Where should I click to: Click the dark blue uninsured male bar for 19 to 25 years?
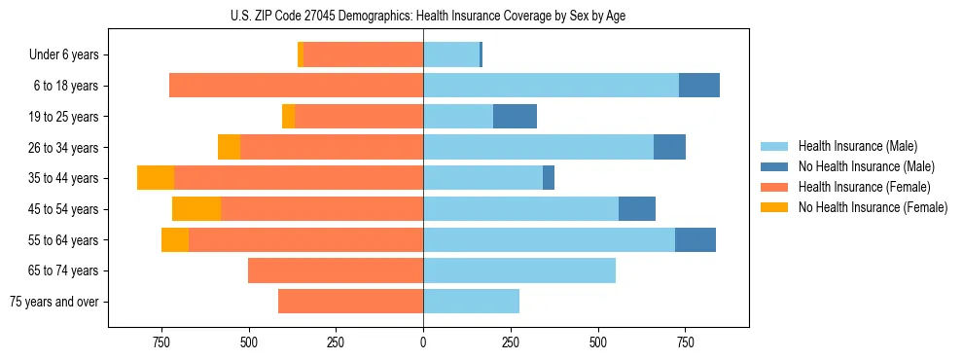[515, 117]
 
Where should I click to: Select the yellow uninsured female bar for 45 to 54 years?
[196, 208]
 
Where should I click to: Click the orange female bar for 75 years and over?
[350, 302]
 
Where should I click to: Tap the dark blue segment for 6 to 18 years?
[698, 86]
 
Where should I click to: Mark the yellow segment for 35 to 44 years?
[156, 178]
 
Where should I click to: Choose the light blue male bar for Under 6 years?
[451, 55]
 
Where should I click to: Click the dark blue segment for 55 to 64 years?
[695, 239]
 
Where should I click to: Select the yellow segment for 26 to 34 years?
[229, 147]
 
